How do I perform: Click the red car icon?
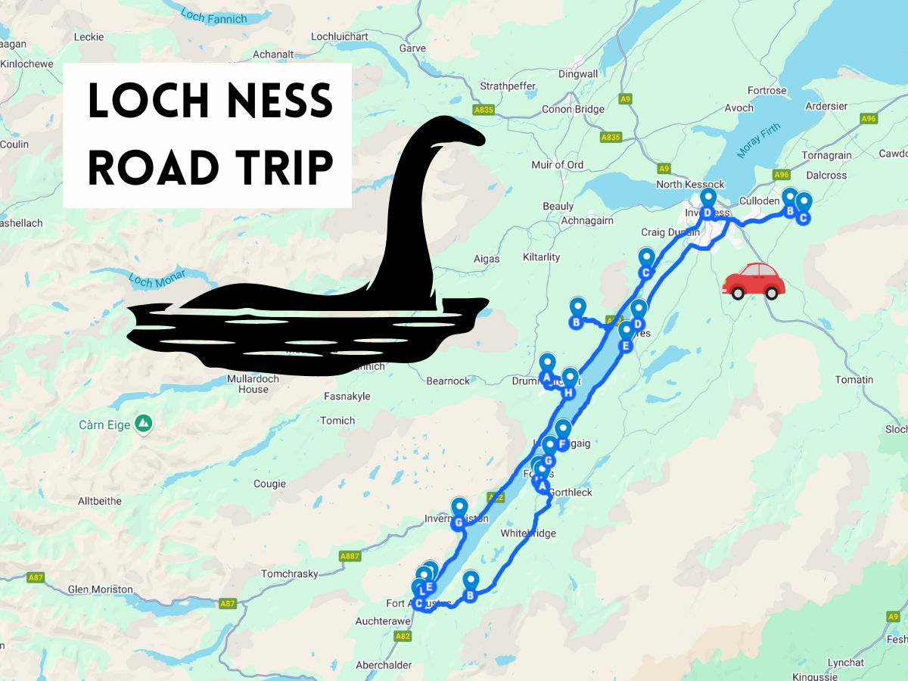click(754, 281)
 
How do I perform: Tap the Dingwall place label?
click(578, 74)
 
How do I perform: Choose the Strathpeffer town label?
click(509, 86)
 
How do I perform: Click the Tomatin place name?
click(854, 380)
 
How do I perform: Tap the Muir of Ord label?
click(558, 164)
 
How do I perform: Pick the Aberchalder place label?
click(384, 665)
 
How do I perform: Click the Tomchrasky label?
click(290, 574)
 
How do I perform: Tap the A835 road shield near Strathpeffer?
click(484, 110)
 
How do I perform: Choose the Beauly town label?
click(558, 206)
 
